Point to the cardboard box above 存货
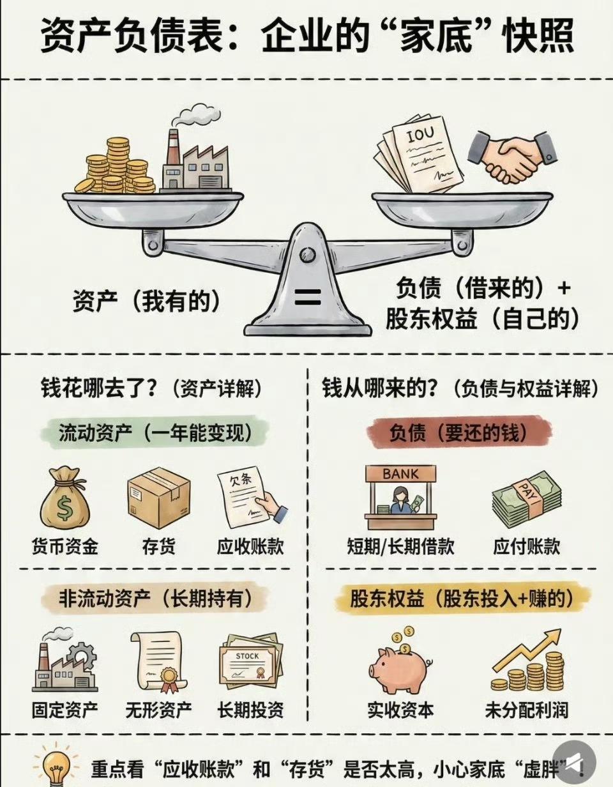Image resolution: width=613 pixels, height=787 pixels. click(158, 497)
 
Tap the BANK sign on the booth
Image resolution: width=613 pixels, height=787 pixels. click(401, 475)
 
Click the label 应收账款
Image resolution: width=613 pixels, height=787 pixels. click(250, 547)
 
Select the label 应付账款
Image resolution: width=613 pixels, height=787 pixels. click(527, 547)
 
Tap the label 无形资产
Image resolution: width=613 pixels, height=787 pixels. click(159, 710)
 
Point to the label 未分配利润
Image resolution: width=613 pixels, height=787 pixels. click(526, 710)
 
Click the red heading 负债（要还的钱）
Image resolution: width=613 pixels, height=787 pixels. click(459, 433)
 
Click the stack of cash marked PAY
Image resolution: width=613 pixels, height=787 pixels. click(526, 499)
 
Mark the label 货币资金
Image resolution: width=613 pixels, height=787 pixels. click(65, 547)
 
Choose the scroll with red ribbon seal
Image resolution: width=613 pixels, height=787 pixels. click(158, 662)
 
